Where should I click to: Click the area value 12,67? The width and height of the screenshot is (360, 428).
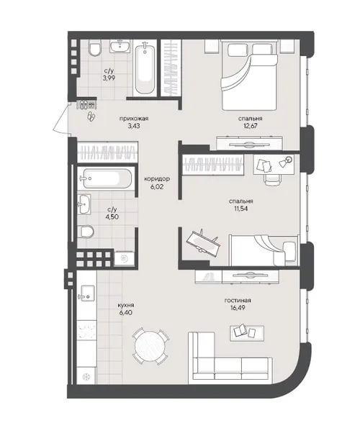pyautogui.click(x=251, y=126)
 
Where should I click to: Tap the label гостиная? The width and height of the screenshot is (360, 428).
pyautogui.click(x=238, y=301)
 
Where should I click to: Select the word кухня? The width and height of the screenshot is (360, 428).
pyautogui.click(x=126, y=305)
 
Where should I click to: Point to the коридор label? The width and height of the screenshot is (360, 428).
pyautogui.click(x=157, y=179)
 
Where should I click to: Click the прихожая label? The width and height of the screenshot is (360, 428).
pyautogui.click(x=134, y=119)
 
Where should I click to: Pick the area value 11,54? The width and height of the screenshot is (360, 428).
pyautogui.click(x=241, y=209)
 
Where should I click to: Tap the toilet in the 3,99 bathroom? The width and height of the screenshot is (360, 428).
pyautogui.click(x=95, y=48)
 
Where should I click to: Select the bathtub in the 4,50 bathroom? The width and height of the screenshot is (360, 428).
pyautogui.click(x=107, y=179)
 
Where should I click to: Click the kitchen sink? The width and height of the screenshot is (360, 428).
pyautogui.click(x=86, y=293)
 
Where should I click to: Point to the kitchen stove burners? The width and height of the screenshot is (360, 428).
pyautogui.click(x=86, y=330)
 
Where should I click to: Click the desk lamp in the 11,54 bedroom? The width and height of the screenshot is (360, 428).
pyautogui.click(x=285, y=162)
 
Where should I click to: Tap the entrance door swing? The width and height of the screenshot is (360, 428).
pyautogui.click(x=62, y=119)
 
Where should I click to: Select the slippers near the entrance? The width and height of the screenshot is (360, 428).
pyautogui.click(x=91, y=117)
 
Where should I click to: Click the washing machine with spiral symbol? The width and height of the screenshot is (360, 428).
pyautogui.click(x=125, y=259)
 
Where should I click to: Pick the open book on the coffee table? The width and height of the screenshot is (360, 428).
pyautogui.click(x=240, y=331)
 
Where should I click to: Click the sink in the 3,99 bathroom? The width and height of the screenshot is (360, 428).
pyautogui.click(x=120, y=46)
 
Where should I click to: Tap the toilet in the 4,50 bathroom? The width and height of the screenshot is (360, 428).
pyautogui.click(x=86, y=232)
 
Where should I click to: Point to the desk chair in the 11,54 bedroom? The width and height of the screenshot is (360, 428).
pyautogui.click(x=273, y=179)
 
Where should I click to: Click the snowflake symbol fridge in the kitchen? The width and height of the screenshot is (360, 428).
pyautogui.click(x=86, y=377)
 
